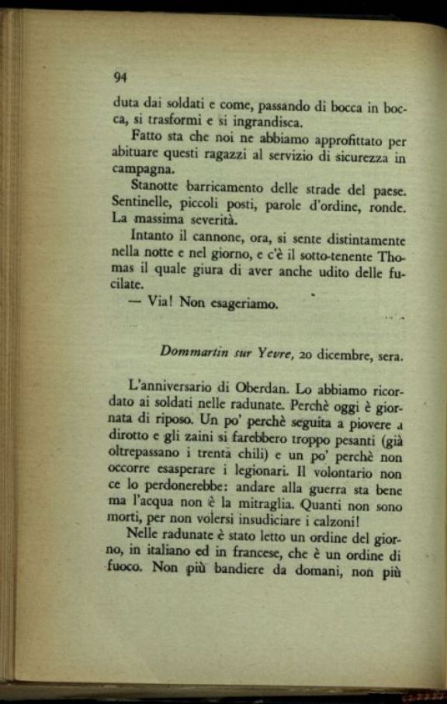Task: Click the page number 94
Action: coord(120,76)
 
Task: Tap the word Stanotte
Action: coord(154,186)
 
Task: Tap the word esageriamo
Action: coord(242,303)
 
